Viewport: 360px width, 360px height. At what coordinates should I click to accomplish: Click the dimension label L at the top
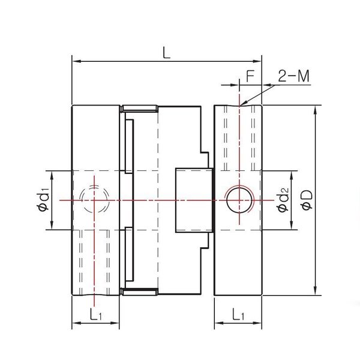tap(166, 52)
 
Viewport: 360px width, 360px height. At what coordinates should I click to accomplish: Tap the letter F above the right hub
tap(251, 76)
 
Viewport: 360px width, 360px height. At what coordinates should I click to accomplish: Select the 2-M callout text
tap(293, 76)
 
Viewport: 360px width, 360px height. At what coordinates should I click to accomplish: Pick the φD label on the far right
tap(306, 200)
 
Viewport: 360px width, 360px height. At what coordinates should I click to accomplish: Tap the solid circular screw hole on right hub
tap(239, 199)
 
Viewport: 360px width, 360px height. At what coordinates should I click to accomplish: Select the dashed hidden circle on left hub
tap(95, 199)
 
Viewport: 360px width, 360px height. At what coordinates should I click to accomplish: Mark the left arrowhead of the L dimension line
tap(75, 61)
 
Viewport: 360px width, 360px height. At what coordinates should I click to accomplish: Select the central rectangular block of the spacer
tap(193, 200)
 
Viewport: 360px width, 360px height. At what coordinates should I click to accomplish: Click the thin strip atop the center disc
tap(139, 109)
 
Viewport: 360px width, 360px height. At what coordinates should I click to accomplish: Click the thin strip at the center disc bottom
tap(139, 291)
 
